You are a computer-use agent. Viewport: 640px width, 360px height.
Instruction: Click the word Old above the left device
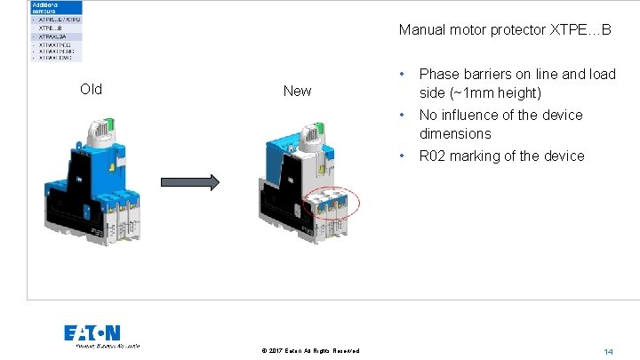pos(91,89)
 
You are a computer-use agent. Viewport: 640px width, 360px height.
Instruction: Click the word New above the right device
pos(297,91)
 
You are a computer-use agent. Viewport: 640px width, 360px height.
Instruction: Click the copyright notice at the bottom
pos(310,351)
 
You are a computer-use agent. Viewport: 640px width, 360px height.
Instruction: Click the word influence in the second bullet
pos(470,115)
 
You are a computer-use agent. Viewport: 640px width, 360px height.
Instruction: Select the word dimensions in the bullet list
pos(454,133)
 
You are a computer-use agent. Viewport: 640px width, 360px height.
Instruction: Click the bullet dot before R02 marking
pos(404,156)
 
